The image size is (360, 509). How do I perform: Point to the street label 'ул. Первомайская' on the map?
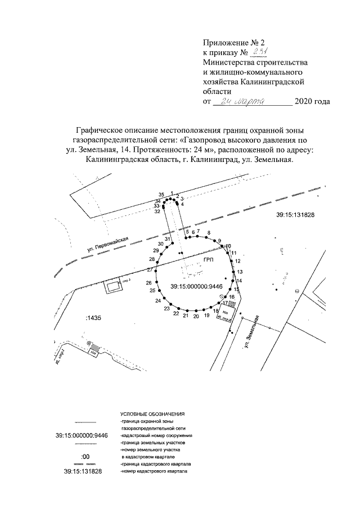point(107,244)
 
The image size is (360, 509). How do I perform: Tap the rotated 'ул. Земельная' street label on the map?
point(251,334)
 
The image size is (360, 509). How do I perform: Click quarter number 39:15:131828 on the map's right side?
point(295,215)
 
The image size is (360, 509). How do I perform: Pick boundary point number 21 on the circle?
point(185,316)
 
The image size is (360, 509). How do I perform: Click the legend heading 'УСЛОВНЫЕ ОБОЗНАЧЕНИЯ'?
point(152,413)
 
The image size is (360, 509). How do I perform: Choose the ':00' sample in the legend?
point(85,457)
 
